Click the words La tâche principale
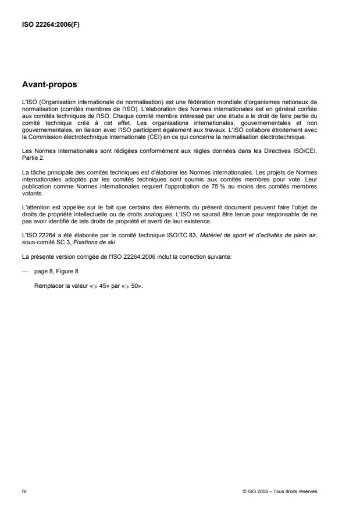[46, 170]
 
